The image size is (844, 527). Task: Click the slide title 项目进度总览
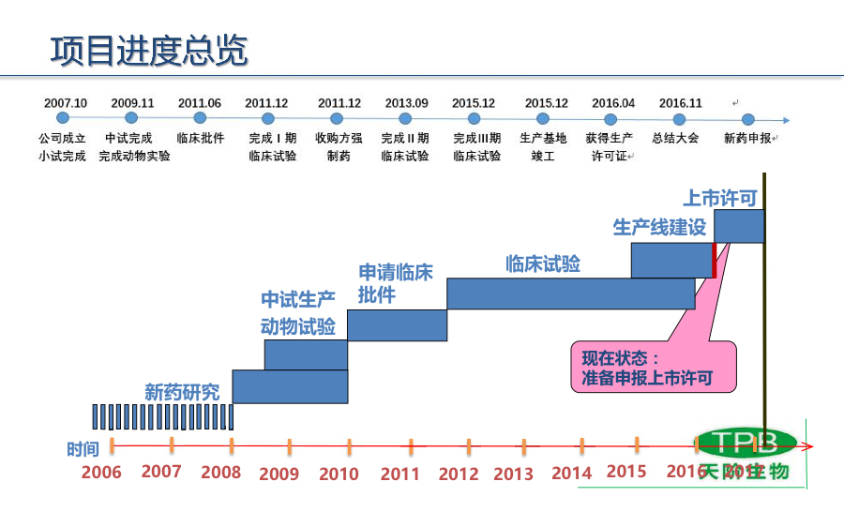click(149, 52)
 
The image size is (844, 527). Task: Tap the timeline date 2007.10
click(65, 103)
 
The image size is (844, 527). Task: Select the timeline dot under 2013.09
click(405, 119)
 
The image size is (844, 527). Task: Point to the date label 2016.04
click(613, 103)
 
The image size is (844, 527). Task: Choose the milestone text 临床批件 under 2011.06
click(200, 138)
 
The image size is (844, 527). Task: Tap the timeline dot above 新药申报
click(747, 119)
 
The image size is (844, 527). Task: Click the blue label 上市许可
click(719, 198)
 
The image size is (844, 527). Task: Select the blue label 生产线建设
click(659, 228)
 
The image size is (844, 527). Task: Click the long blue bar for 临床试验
click(570, 294)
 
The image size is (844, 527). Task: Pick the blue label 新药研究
click(182, 392)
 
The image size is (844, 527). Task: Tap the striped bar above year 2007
click(161, 416)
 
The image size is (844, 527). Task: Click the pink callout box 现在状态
click(653, 368)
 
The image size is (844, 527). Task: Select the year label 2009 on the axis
click(279, 474)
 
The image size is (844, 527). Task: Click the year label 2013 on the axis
click(513, 474)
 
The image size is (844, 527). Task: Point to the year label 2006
click(101, 472)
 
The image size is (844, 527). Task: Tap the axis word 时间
click(83, 449)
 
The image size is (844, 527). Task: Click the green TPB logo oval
click(746, 442)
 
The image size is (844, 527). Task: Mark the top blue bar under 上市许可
click(738, 226)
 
